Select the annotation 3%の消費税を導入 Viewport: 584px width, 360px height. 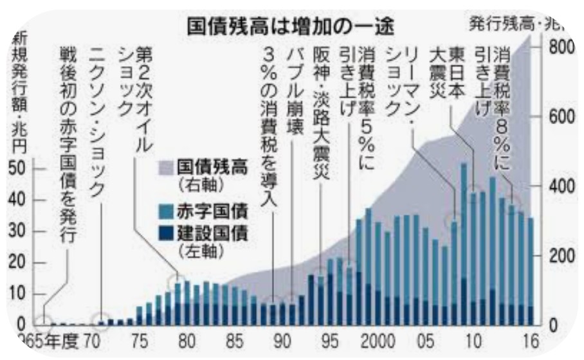(x=269, y=128)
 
